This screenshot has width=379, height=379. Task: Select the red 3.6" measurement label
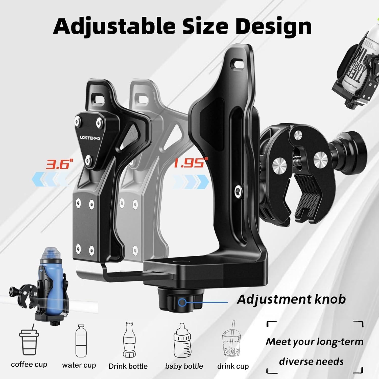[x=58, y=164]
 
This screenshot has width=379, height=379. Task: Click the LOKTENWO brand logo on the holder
[x=90, y=138]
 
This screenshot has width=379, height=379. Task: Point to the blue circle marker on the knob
[x=182, y=302]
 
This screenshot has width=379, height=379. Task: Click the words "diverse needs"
[x=311, y=361]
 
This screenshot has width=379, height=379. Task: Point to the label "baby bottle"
[x=184, y=366]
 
